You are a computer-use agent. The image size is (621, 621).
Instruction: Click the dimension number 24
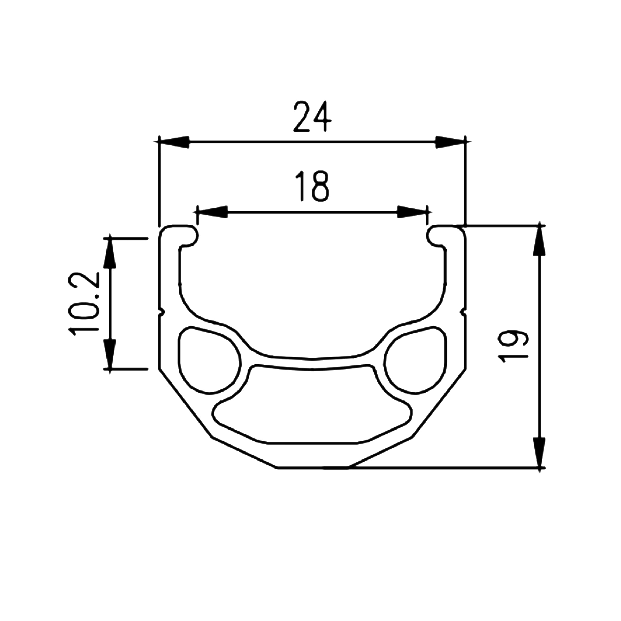point(312,116)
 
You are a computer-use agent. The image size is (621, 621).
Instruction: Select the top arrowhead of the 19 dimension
point(539,241)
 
